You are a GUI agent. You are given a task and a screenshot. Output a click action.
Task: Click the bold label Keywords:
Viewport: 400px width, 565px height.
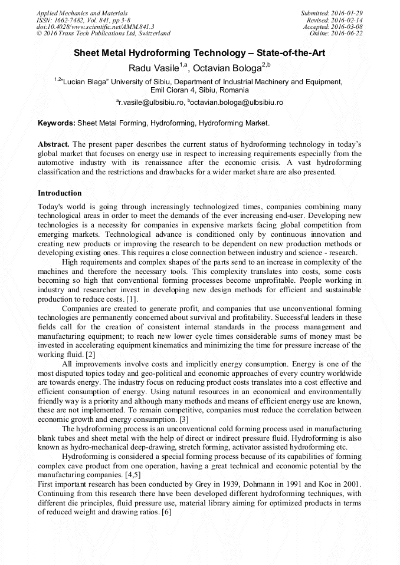click(57, 124)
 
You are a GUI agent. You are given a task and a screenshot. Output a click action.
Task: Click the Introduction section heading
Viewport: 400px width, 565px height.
click(60, 193)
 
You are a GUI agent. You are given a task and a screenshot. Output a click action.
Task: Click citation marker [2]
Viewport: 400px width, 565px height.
click(90, 354)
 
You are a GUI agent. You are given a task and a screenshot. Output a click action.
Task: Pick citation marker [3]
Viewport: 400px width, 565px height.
click(184, 419)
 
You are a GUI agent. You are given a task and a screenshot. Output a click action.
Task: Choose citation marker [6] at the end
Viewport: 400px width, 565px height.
click(166, 513)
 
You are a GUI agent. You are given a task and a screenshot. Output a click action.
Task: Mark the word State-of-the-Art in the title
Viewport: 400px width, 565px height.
click(290, 53)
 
